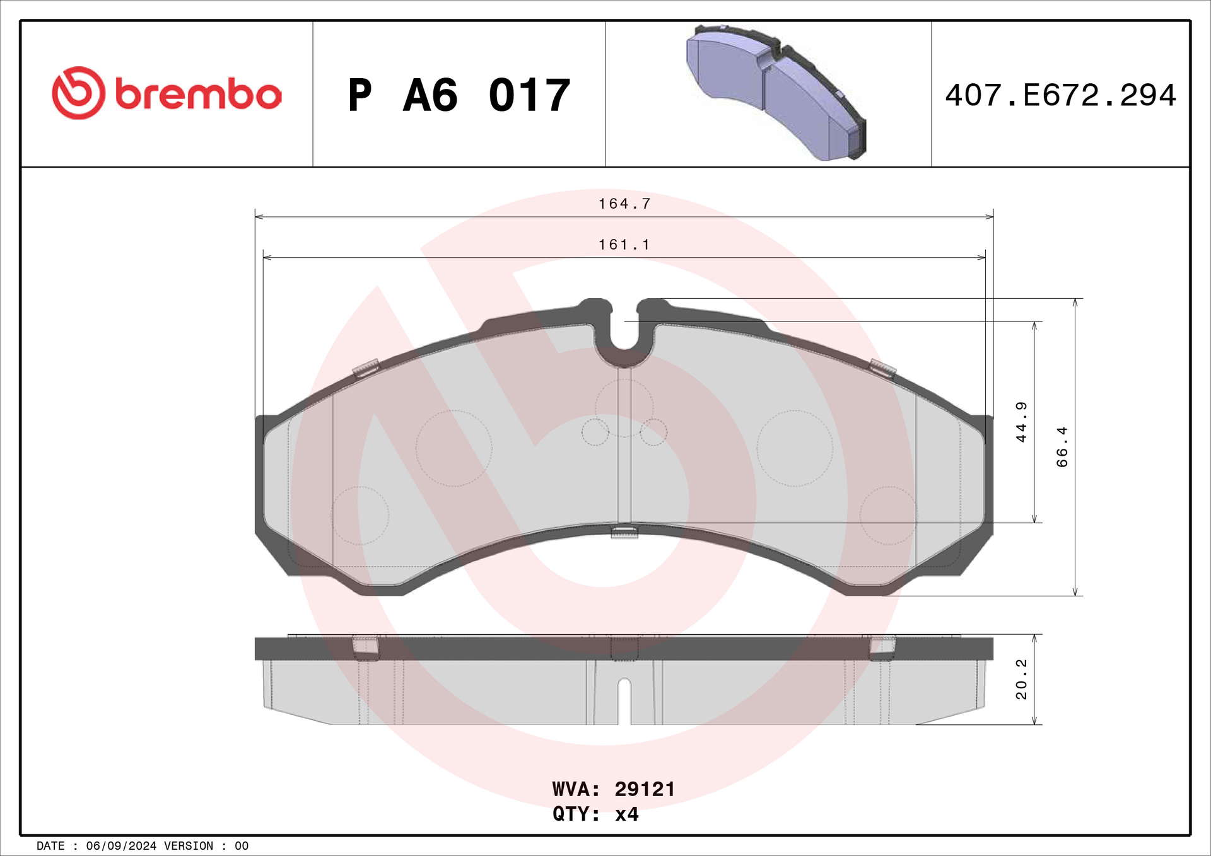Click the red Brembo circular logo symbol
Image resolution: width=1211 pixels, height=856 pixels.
coord(79,93)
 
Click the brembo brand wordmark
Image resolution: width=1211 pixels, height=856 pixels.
coord(198,94)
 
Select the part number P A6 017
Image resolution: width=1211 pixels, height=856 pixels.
coord(459,95)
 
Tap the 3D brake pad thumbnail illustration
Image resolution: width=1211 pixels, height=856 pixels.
coord(776,92)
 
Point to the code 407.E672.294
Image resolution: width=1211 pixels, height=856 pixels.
coord(1060,95)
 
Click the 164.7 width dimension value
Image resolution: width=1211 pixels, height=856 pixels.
coord(624,204)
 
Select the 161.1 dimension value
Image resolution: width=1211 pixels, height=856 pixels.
coord(624,245)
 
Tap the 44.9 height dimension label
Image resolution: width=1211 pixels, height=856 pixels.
coord(1021,422)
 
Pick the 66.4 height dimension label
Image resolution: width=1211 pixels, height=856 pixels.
coord(1062,447)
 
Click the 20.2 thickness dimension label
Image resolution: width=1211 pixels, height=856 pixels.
coord(1021,679)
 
